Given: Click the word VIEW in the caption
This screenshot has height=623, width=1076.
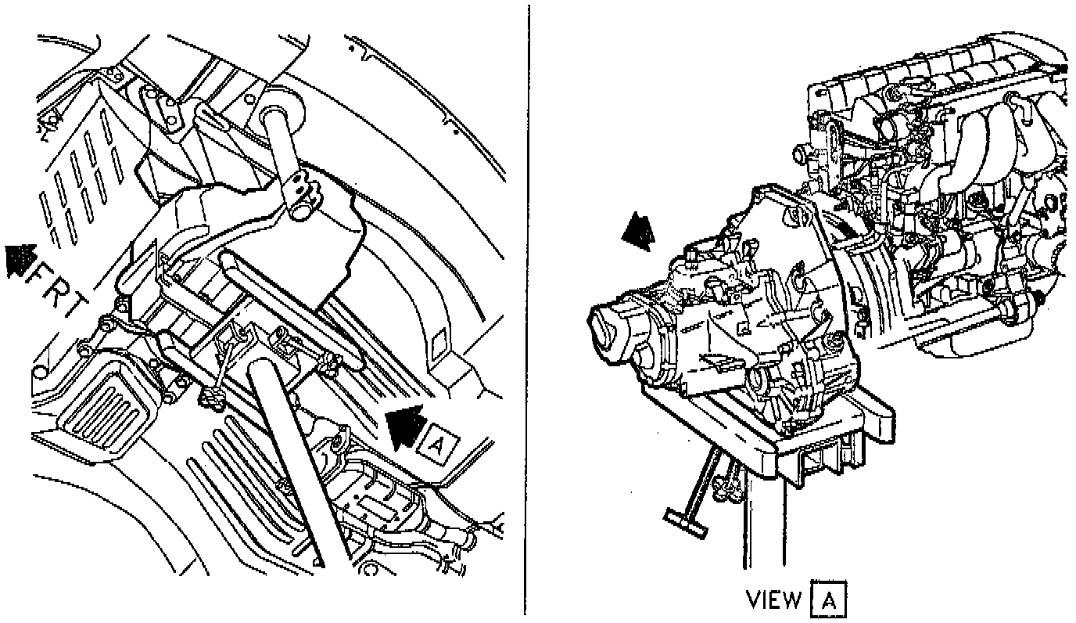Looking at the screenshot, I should [x=774, y=600].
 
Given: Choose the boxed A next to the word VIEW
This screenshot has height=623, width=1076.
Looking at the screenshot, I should [x=828, y=600].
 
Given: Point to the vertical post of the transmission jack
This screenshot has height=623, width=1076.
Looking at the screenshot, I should [x=762, y=517].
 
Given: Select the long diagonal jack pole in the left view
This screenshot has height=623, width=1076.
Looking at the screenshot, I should [x=285, y=462].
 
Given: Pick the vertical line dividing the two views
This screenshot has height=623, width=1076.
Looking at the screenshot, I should [x=526, y=313].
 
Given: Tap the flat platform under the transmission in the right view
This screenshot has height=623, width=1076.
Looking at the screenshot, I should [x=751, y=438].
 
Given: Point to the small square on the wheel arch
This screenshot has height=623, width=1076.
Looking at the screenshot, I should [x=439, y=341].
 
